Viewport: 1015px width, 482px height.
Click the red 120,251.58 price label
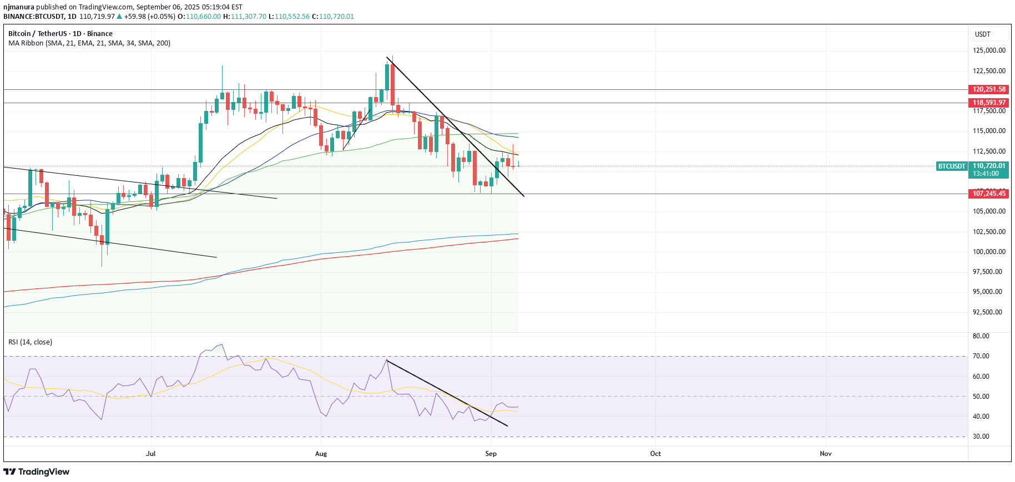pos(989,89)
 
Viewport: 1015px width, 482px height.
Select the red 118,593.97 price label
pos(989,103)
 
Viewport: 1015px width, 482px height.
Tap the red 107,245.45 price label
pos(989,194)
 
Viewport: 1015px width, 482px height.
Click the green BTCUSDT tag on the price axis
pos(952,166)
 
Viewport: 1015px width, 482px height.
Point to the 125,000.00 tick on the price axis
pos(989,50)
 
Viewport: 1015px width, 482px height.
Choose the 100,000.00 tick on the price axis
pos(989,252)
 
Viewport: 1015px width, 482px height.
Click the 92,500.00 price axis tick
pos(989,312)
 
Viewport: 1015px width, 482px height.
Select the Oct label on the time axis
pos(655,454)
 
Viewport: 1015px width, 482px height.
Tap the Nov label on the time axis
pos(826,454)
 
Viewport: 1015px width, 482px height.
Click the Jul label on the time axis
pos(150,454)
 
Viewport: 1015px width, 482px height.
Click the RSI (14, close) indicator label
pos(30,342)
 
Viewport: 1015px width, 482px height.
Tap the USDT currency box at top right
pos(983,34)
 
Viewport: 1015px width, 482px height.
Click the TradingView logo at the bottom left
pos(37,472)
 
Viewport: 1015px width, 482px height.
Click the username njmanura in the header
pos(19,7)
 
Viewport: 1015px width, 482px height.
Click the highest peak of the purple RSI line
pos(221,344)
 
